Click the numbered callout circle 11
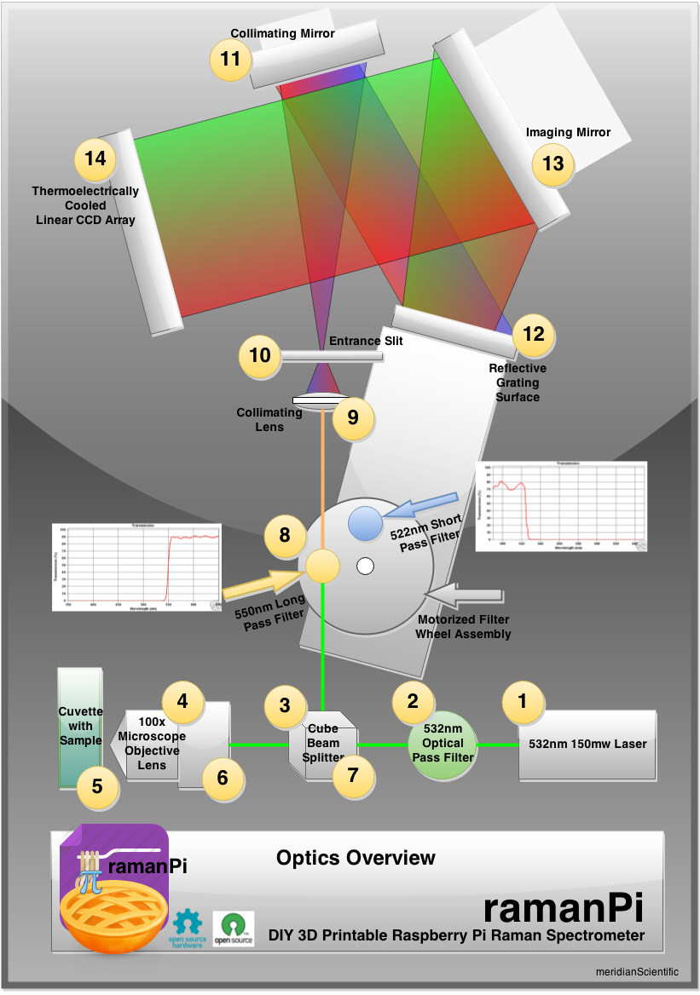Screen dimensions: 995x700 pyautogui.click(x=231, y=60)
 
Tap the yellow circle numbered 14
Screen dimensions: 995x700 pyautogui.click(x=95, y=158)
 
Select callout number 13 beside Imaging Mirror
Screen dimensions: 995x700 pyautogui.click(x=553, y=162)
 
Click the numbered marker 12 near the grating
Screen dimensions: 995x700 pyautogui.click(x=533, y=334)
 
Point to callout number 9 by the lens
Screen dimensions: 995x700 pyautogui.click(x=353, y=418)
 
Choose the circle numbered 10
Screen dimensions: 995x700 pyautogui.click(x=260, y=354)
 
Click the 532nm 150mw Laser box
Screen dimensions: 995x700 pyautogui.click(x=587, y=744)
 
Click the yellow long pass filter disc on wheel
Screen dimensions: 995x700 pyautogui.click(x=323, y=566)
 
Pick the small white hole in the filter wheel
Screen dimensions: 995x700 pyautogui.click(x=366, y=565)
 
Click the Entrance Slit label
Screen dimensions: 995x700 pyautogui.click(x=366, y=341)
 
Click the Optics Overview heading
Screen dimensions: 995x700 pyautogui.click(x=356, y=858)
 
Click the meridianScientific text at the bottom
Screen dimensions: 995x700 pyautogui.click(x=638, y=971)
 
